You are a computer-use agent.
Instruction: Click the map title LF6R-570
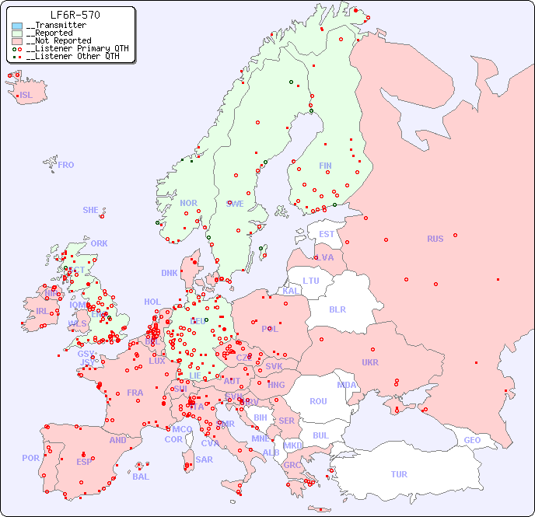pyautogui.click(x=75, y=15)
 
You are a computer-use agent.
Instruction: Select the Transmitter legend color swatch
pyautogui.click(x=17, y=26)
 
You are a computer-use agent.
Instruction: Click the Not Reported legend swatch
pyautogui.click(x=17, y=41)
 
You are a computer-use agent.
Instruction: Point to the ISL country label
pyautogui.click(x=26, y=96)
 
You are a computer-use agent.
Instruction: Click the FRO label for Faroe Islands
pyautogui.click(x=66, y=165)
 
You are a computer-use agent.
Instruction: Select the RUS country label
pyautogui.click(x=435, y=239)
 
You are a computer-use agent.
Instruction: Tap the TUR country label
pyautogui.click(x=399, y=474)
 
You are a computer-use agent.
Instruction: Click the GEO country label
pyautogui.click(x=472, y=440)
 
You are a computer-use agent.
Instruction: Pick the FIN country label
pyautogui.click(x=325, y=166)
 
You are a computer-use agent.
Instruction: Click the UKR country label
pyautogui.click(x=370, y=362)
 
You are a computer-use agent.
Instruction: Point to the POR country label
pyautogui.click(x=30, y=458)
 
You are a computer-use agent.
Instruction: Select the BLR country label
pyautogui.click(x=337, y=309)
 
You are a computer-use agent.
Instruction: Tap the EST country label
pyautogui.click(x=327, y=234)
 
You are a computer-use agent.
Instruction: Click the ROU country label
pyautogui.click(x=318, y=401)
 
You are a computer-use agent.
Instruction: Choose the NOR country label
pyautogui.click(x=188, y=203)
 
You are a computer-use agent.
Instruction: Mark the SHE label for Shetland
pyautogui.click(x=91, y=210)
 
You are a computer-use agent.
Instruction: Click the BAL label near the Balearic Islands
pyautogui.click(x=141, y=477)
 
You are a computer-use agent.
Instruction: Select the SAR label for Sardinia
pyautogui.click(x=205, y=459)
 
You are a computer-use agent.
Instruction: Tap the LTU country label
pyautogui.click(x=311, y=281)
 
